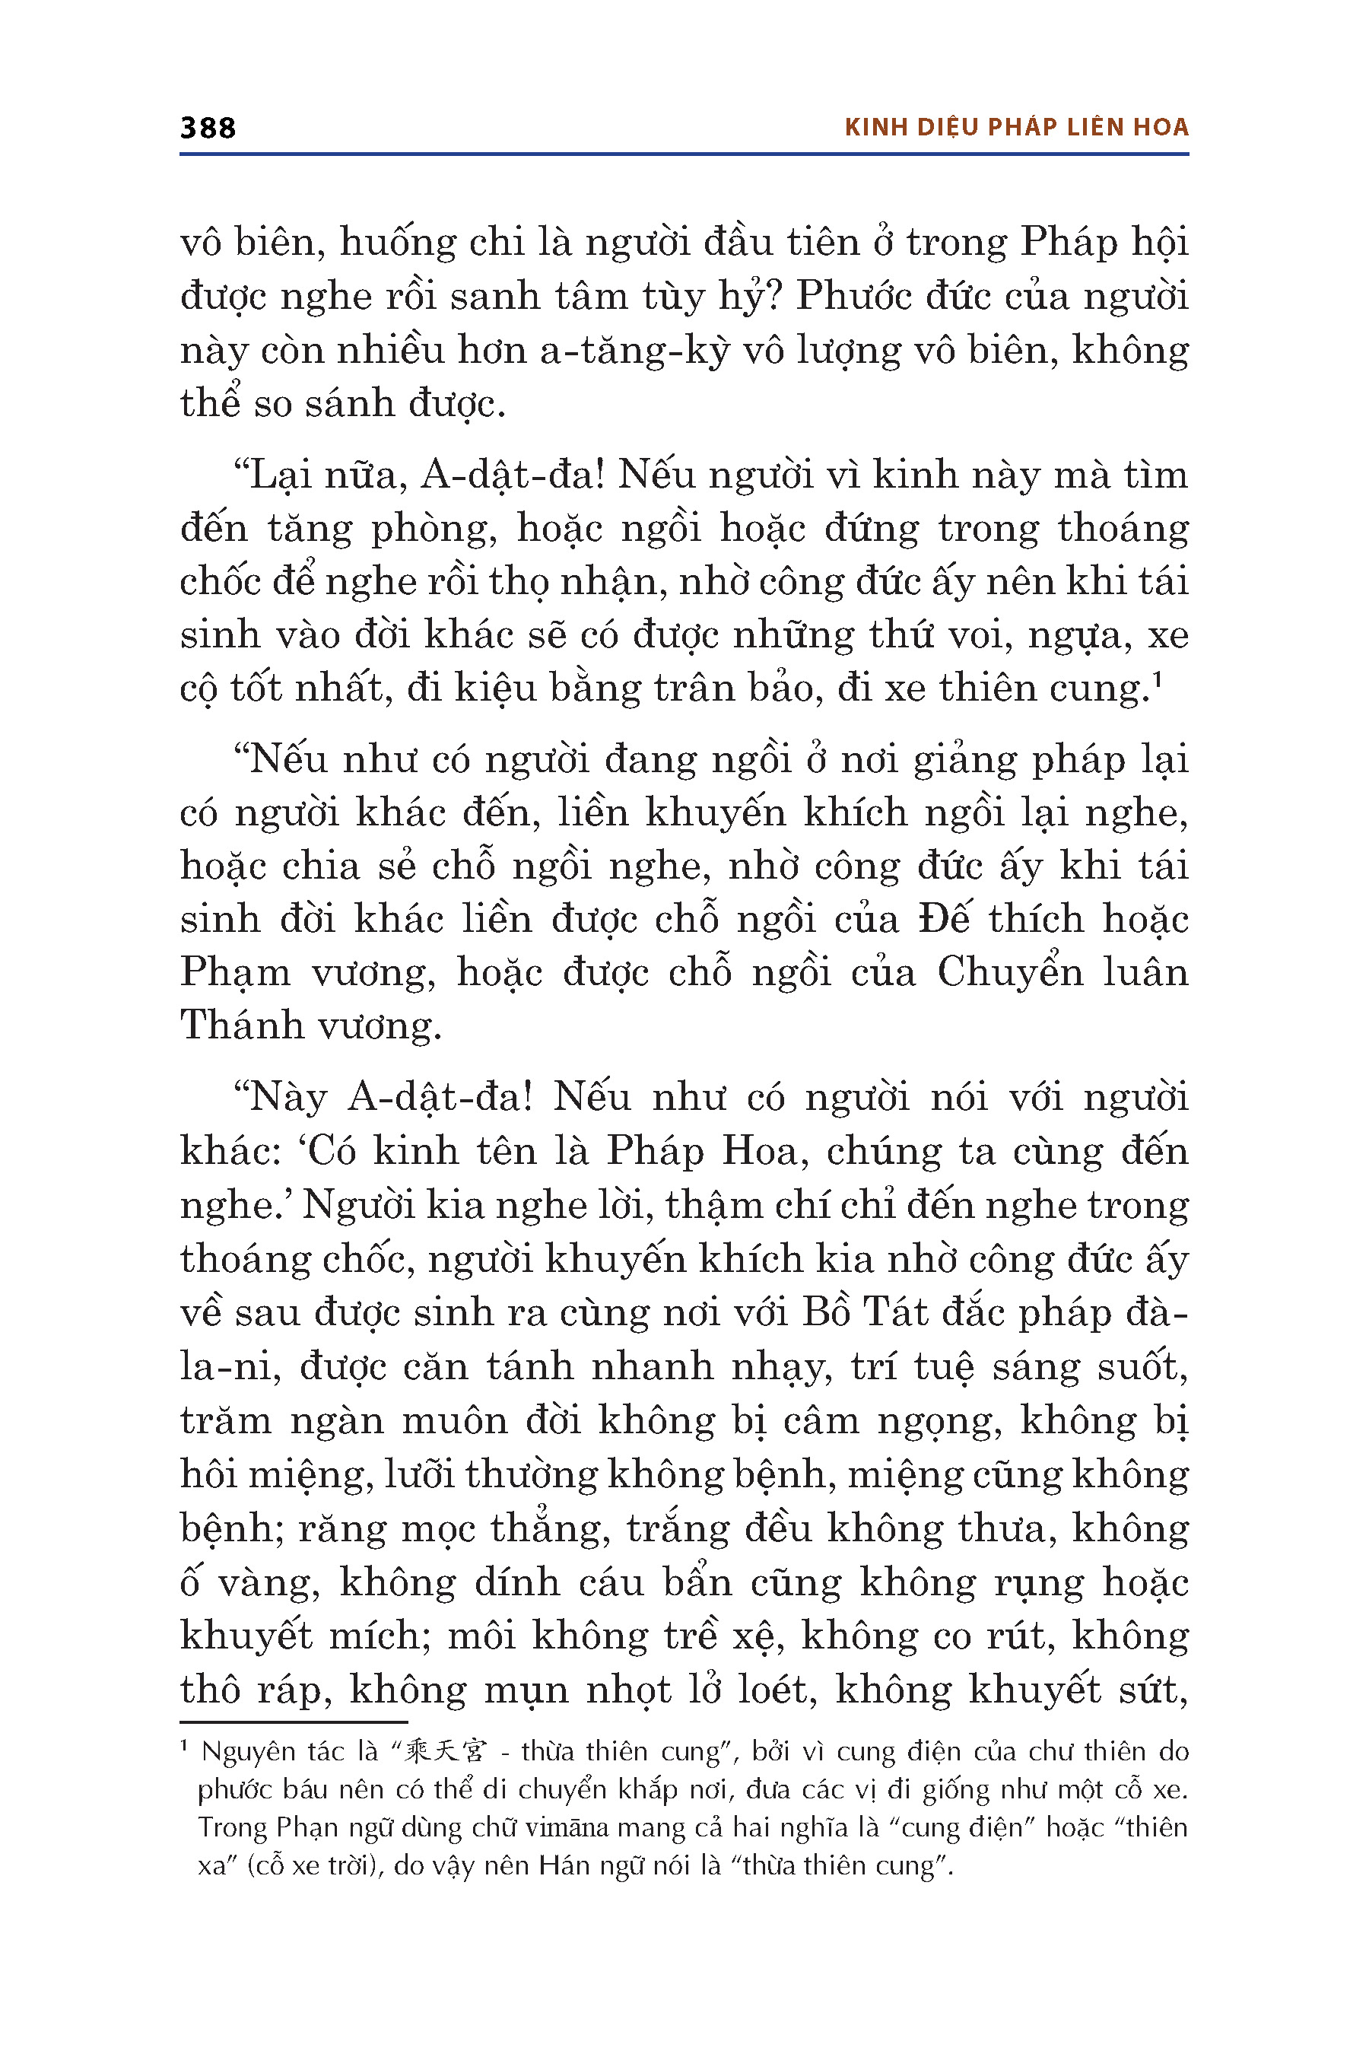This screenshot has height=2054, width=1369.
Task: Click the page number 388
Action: pos(208,129)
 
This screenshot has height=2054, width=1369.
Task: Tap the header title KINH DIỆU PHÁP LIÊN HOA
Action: pos(1016,128)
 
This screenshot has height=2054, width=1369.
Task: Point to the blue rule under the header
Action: pos(684,154)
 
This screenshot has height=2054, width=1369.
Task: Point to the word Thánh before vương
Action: pos(240,1025)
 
